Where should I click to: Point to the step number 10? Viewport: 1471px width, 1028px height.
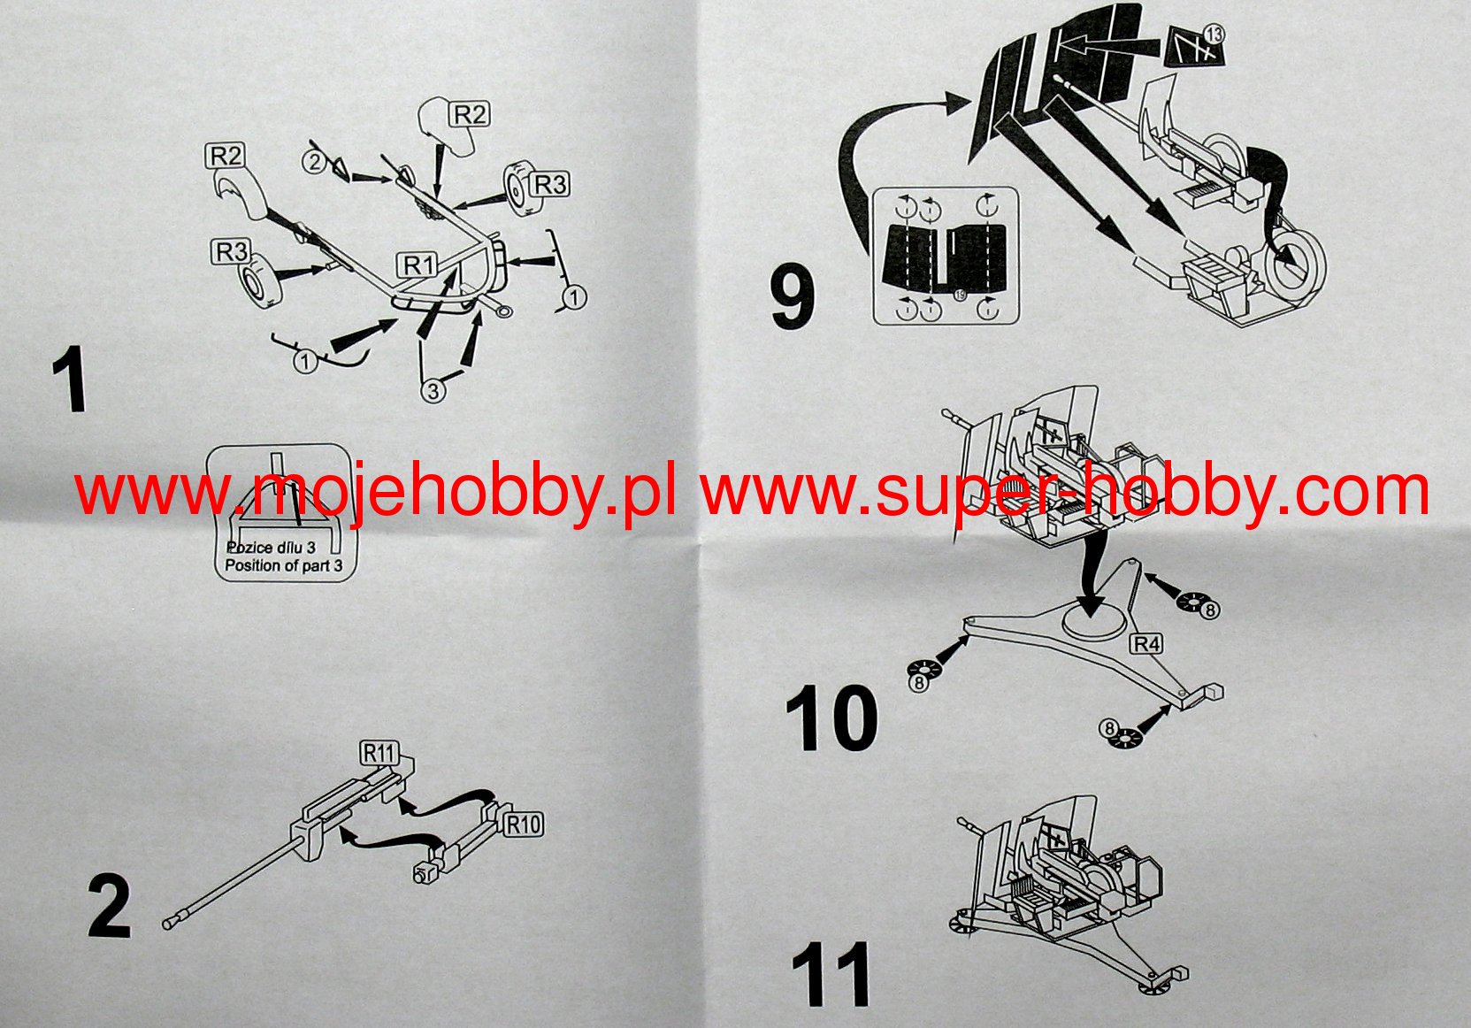[831, 718]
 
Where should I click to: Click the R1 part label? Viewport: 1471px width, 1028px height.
[418, 265]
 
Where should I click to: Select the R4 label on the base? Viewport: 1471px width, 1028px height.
[1146, 644]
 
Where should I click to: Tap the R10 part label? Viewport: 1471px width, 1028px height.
[524, 825]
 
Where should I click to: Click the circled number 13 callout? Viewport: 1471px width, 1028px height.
[1214, 35]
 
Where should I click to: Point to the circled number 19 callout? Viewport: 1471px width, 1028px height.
[960, 295]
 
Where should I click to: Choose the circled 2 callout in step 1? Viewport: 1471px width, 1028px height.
[315, 162]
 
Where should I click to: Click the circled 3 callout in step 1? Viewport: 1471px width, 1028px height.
[433, 391]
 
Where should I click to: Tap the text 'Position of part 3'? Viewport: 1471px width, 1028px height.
[283, 565]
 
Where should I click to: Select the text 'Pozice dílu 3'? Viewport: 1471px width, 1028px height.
[271, 547]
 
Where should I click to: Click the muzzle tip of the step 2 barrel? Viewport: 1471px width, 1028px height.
[167, 924]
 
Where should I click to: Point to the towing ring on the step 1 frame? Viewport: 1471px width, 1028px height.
[503, 310]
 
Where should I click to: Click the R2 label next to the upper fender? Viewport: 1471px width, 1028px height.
[471, 114]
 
